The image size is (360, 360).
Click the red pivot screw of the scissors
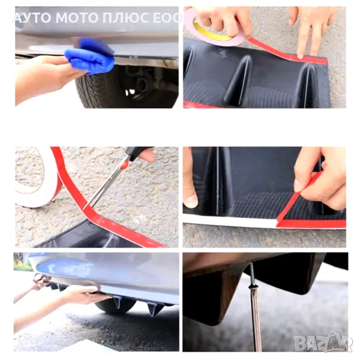[125, 164]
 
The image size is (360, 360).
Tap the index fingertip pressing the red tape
[300, 56]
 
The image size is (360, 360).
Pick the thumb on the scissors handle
[148, 155]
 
